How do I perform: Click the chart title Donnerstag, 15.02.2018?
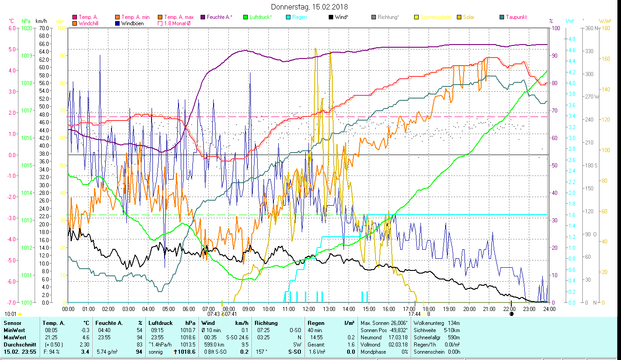pyautogui.click(x=310, y=7)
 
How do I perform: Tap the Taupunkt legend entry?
pyautogui.click(x=516, y=17)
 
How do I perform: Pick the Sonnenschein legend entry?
pyautogui.click(x=435, y=17)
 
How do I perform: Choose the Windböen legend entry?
pyautogui.click(x=132, y=23)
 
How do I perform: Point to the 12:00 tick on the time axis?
pyautogui.click(x=309, y=309)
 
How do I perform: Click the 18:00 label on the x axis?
pyautogui.click(x=429, y=309)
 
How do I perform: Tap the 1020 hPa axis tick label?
pyautogui.click(x=27, y=28)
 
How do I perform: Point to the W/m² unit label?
pyautogui.click(x=604, y=21)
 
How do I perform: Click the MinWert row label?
pyautogui.click(x=14, y=330)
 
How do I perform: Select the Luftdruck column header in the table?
pyautogui.click(x=160, y=323)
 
